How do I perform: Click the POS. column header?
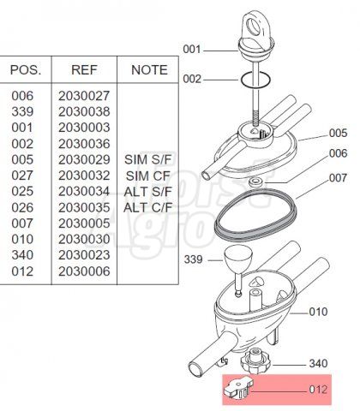tap(26, 70)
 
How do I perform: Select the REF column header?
tap(84, 70)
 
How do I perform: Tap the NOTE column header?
tap(149, 70)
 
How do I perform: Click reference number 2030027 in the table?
tap(84, 96)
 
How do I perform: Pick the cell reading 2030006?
tap(84, 271)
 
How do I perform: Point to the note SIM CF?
tap(148, 176)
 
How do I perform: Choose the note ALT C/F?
tap(148, 207)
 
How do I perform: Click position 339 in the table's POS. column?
tap(22, 111)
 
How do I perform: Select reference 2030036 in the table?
tap(84, 144)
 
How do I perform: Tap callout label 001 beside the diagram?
tap(192, 50)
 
